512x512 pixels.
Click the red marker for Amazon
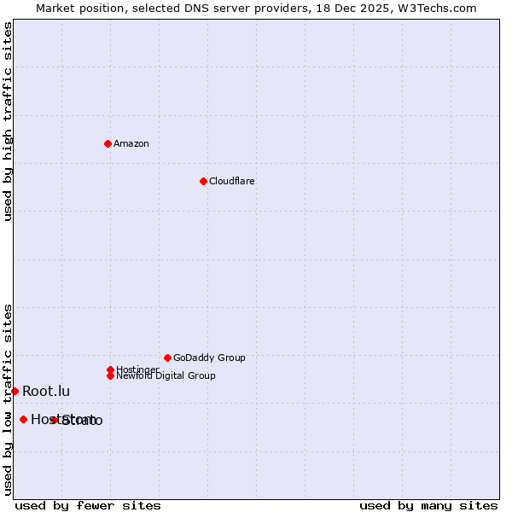[108, 143]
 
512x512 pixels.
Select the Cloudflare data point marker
[203, 181]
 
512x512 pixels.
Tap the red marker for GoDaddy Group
[167, 358]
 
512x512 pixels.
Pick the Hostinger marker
[110, 369]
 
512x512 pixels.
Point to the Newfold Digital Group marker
[110, 375]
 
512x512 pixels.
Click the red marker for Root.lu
[15, 391]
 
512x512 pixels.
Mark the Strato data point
[54, 420]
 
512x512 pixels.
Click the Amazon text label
[131, 143]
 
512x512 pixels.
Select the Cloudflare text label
[232, 181]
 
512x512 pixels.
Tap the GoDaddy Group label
[209, 358]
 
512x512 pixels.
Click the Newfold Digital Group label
[166, 376]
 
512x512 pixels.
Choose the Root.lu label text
[46, 391]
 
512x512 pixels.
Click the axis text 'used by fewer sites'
[88, 505]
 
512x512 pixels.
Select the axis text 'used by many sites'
[428, 505]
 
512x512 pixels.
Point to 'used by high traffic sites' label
[8, 121]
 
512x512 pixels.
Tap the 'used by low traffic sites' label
[8, 399]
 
